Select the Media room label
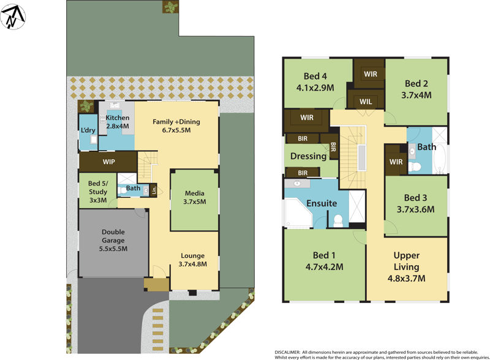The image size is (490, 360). coord(195,197)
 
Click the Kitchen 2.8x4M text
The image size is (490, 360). coord(118,121)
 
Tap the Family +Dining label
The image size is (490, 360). coord(176,126)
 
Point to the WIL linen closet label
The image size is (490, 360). coord(366,101)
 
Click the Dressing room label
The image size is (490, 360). coord(308,156)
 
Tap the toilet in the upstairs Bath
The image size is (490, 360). coord(415,166)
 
